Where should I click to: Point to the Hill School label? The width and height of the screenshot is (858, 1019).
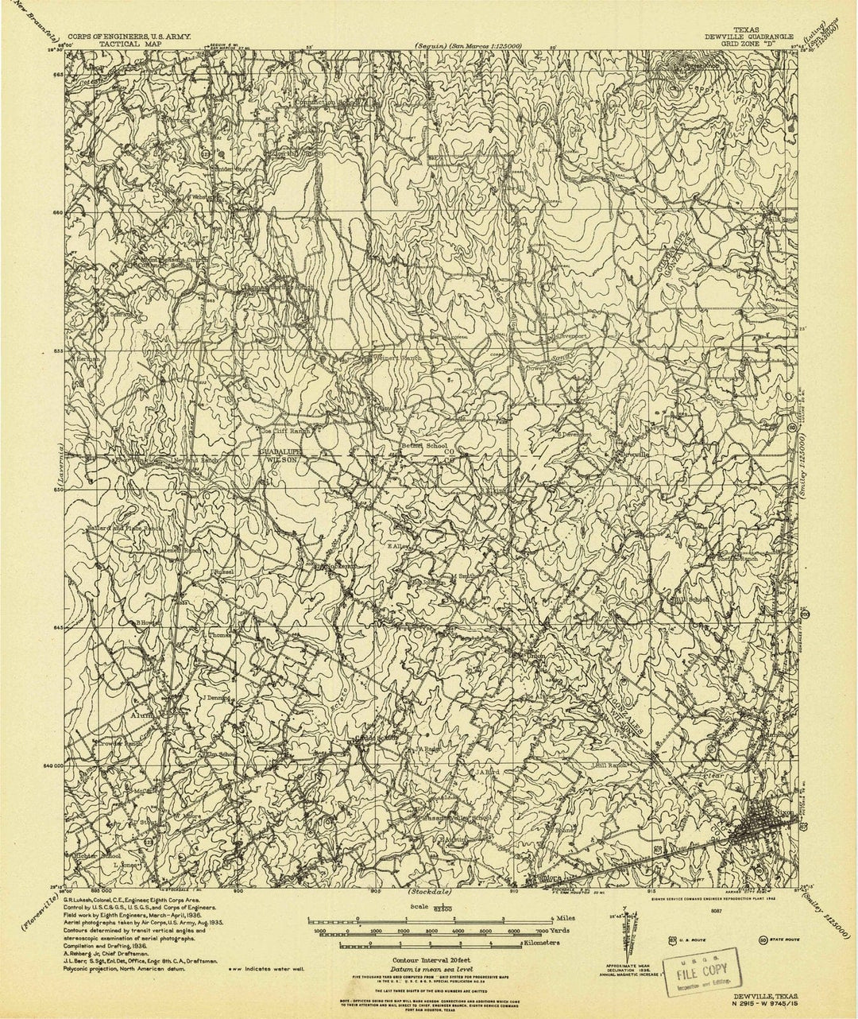pyautogui.click(x=690, y=599)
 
